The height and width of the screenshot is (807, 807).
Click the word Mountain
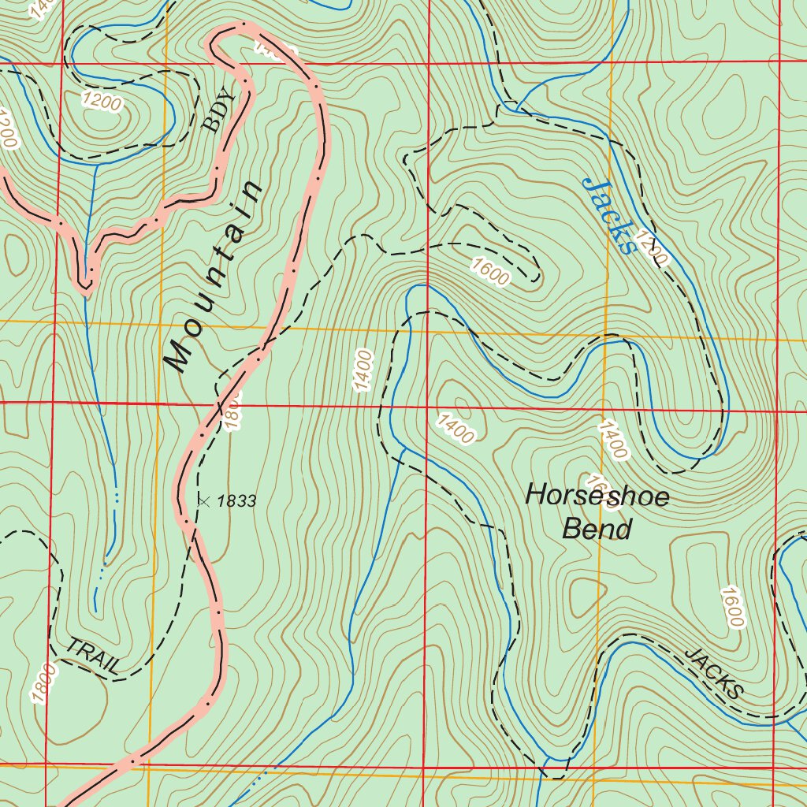point(213,277)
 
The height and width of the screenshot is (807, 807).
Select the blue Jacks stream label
point(609,215)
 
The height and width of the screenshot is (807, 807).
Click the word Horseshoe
point(597,496)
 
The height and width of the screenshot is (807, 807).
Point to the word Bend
point(597,530)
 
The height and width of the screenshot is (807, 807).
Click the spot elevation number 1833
point(236,500)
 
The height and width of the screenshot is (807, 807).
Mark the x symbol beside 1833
point(203,500)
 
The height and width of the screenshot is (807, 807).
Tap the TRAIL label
point(93,656)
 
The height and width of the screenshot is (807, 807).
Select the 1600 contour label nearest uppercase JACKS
point(731,607)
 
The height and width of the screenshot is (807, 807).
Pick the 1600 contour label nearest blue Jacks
point(490,271)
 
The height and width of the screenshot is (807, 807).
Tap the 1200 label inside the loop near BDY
point(102,102)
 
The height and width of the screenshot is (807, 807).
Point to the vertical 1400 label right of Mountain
point(363,370)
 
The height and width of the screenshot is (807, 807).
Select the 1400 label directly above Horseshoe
point(612,440)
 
